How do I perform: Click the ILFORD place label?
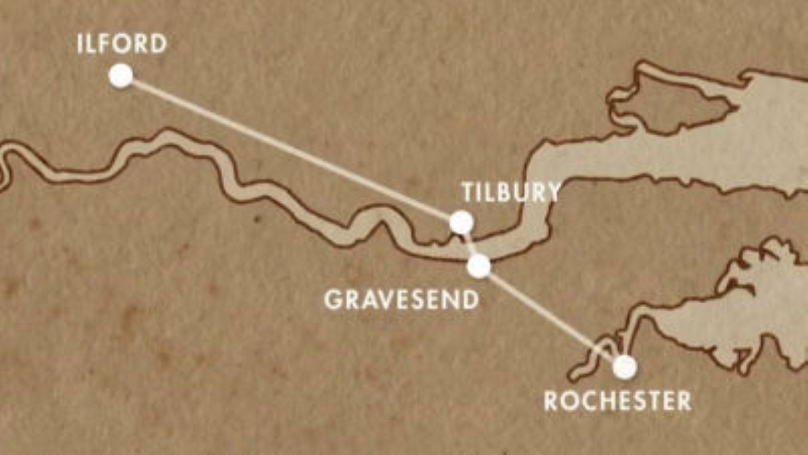[122, 44]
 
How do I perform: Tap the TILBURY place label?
[511, 192]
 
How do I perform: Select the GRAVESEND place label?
[401, 300]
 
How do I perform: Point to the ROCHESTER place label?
[617, 401]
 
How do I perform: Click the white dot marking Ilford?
[121, 76]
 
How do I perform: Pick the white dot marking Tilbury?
[461, 222]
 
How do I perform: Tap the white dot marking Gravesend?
[478, 266]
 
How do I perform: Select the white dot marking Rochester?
[624, 367]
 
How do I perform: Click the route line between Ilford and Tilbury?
[290, 149]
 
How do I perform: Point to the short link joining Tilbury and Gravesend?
[469, 243]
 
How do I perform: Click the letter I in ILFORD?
[80, 44]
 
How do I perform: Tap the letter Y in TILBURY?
[552, 192]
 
